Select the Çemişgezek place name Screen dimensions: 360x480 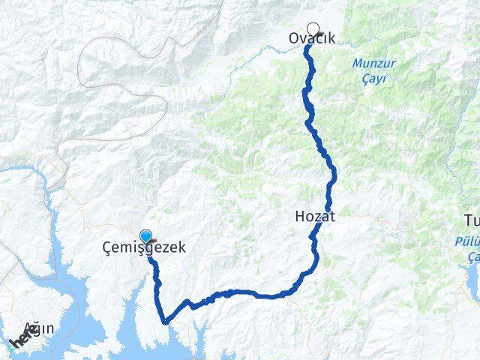pyautogui.click(x=144, y=247)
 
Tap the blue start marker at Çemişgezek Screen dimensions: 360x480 pyautogui.click(x=145, y=235)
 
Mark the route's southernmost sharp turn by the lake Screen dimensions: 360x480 pyautogui.click(x=165, y=321)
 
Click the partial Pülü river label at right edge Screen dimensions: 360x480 pyautogui.click(x=467, y=241)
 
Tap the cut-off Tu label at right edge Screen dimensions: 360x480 pyautogui.click(x=472, y=219)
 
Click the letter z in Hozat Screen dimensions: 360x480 pyautogui.click(x=319, y=217)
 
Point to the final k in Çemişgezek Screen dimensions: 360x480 pyautogui.click(x=180, y=247)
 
